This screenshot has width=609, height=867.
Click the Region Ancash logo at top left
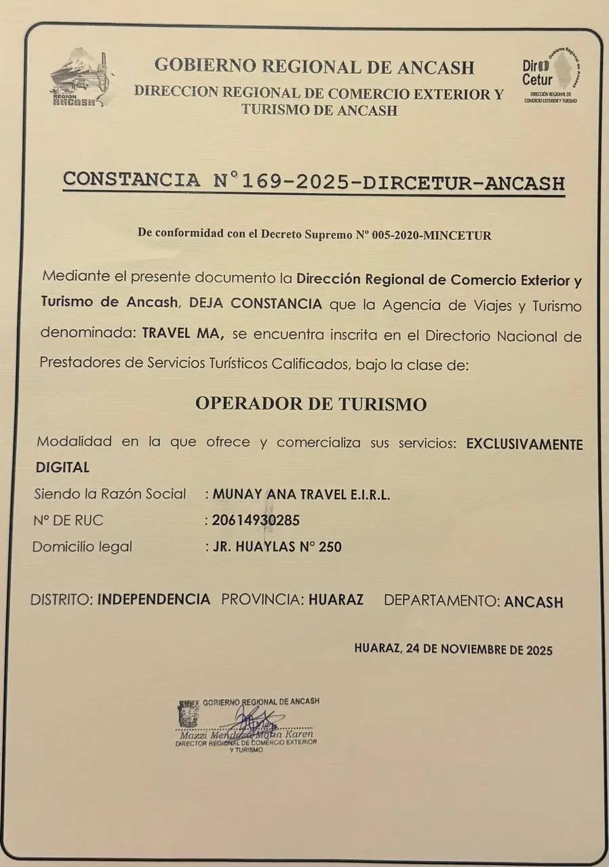click(80, 77)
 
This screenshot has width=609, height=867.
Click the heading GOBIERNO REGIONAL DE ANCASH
click(314, 66)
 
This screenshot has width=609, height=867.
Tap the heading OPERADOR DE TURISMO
click(311, 404)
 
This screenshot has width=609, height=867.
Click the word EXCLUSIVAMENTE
click(524, 444)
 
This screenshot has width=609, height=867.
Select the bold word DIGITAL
click(62, 467)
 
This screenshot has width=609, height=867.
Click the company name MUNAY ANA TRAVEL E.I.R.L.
click(301, 494)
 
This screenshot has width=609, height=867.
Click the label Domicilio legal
click(82, 547)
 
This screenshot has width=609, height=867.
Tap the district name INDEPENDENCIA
click(154, 599)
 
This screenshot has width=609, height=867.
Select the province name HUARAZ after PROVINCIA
click(336, 599)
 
